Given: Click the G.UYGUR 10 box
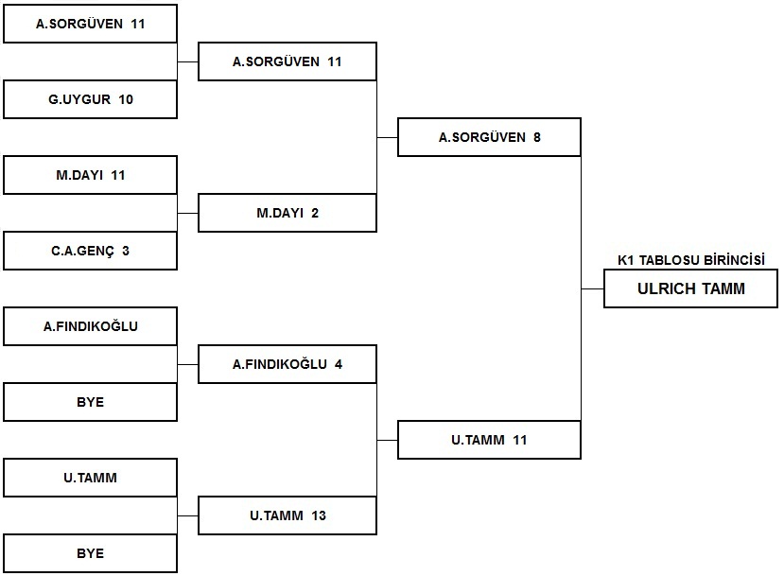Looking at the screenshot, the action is [90, 99].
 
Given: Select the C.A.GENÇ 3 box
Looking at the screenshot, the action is [90, 251].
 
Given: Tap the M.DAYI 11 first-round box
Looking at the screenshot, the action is [90, 175].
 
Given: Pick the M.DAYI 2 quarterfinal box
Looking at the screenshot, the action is [287, 213].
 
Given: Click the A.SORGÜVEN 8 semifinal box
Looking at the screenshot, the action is [489, 137].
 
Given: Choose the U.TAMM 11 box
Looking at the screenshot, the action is [489, 440].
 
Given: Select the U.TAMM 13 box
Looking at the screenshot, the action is [287, 515].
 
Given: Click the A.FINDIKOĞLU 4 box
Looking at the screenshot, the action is [287, 364].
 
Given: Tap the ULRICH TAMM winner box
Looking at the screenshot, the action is [690, 288].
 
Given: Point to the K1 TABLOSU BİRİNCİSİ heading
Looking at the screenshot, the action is [691, 260].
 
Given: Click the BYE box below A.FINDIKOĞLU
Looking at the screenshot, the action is [90, 402].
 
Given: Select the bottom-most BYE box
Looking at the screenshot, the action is [90, 553].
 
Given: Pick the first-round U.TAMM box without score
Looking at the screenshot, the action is [90, 478].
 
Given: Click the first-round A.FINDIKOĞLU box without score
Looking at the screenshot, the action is [90, 326].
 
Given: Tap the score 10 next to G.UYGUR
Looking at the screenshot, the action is [126, 99].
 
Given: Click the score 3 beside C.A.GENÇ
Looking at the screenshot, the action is [126, 251].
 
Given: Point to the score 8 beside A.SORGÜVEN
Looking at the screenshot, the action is [537, 137].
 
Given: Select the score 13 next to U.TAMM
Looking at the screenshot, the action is [319, 515].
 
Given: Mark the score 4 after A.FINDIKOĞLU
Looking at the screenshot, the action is [339, 364].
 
